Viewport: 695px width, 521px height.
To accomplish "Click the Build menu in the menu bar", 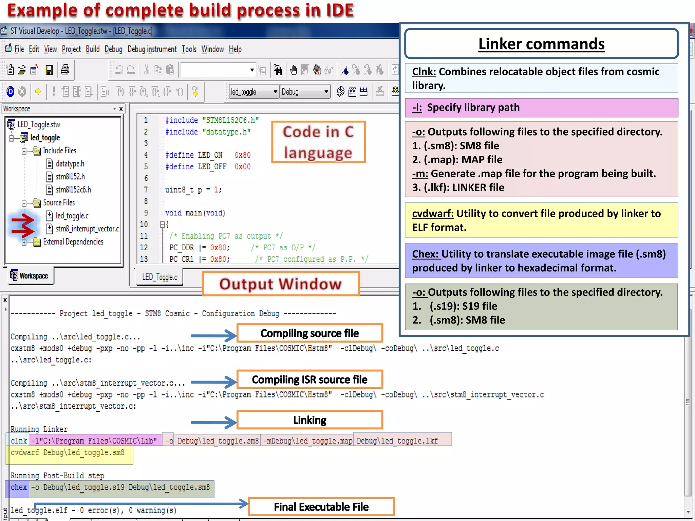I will coord(92,50).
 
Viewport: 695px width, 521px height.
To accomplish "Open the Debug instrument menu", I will coord(152,50).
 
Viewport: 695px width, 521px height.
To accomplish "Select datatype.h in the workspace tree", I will coord(70,163).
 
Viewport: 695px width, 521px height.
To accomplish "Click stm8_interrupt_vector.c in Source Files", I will coord(87,229).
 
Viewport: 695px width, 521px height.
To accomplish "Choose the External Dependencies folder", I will coord(73,242).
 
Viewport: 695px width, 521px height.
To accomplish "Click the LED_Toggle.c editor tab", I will coord(159,277).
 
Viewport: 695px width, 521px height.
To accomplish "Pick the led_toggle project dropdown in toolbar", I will coord(254,92).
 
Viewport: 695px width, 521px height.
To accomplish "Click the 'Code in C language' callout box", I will coord(318,142).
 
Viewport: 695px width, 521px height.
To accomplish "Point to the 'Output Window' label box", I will coord(280,284).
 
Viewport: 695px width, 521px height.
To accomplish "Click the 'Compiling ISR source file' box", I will coord(309,380).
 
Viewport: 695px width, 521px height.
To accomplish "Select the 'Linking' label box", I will coord(309,420).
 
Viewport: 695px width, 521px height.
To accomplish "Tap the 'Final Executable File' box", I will coord(321,507).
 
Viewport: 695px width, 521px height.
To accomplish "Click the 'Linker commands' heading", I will coord(541,44).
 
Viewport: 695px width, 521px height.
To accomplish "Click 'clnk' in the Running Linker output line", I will coord(19,441).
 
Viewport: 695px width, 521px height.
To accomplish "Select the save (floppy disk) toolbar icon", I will coord(50,70).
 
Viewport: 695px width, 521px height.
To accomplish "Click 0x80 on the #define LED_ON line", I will coord(242,155).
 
